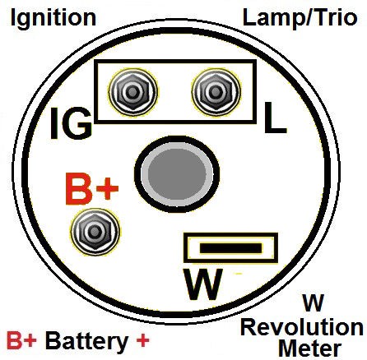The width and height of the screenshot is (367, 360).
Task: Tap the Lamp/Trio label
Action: tap(300, 17)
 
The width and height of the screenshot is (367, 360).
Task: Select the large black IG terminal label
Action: tap(71, 123)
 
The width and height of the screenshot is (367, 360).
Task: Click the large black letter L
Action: tap(275, 118)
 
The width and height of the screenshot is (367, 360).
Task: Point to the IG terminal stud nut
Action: tap(133, 92)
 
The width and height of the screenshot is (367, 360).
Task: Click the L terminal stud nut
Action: tap(216, 91)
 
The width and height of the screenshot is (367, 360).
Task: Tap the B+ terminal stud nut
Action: tap(95, 232)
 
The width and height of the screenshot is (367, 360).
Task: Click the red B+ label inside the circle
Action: tap(92, 189)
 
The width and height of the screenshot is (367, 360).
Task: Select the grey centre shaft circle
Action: tap(177, 173)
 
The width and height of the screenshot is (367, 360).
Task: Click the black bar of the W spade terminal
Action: tap(230, 248)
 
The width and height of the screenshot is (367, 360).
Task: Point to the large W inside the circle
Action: tap(203, 284)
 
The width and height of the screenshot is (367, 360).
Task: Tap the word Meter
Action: tap(310, 348)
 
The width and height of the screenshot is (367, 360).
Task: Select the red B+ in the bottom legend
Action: tap(21, 340)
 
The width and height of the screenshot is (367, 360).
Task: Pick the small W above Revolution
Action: tap(314, 303)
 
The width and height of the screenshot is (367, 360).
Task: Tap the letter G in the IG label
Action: tap(77, 123)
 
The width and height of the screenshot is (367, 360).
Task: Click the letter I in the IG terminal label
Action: tap(54, 123)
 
